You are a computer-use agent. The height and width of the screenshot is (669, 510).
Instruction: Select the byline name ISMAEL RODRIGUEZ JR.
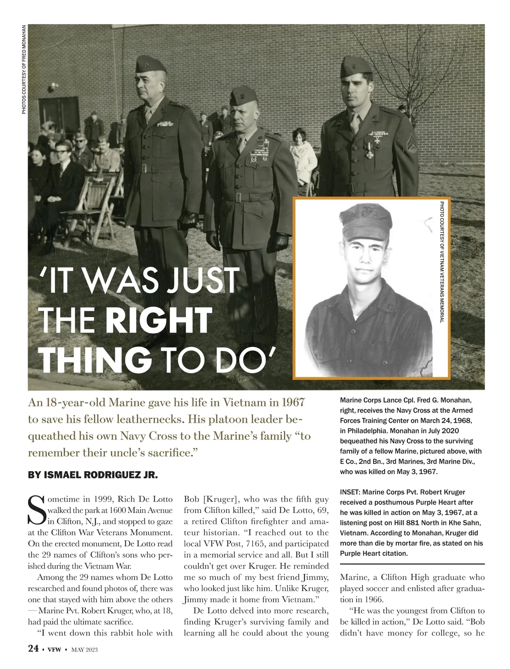93,475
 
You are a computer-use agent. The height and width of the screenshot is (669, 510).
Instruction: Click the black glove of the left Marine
187,218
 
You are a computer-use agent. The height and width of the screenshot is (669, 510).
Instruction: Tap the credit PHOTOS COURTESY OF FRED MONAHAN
24,69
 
